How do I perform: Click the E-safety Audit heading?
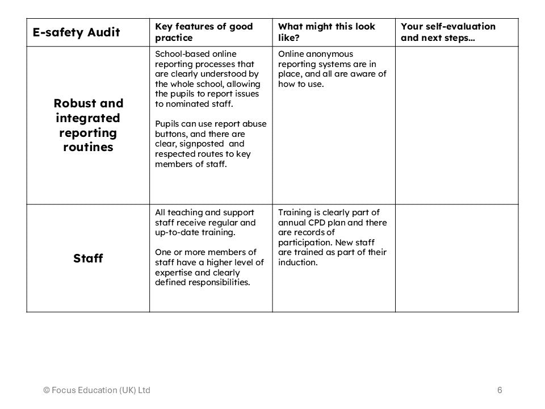pos(76,32)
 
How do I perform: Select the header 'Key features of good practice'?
pos(204,32)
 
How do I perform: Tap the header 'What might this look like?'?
pos(326,32)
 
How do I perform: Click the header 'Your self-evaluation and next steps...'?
pos(448,32)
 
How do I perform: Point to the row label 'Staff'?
pos(88,258)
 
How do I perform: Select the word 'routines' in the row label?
pos(88,148)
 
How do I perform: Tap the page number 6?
pos(500,390)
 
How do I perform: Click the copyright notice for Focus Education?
pos(97,390)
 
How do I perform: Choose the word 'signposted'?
pos(203,144)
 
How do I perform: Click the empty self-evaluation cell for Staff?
pos(456,258)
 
